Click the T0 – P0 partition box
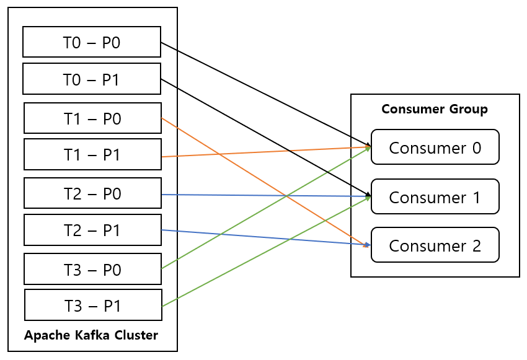92,42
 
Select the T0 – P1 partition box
92,79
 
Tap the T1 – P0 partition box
92,118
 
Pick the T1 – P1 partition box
92,154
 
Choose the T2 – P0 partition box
92,193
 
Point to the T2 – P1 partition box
92,230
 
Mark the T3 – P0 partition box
92,269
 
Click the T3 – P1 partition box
92,305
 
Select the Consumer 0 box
435,147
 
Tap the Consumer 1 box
435,196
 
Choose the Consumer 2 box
435,245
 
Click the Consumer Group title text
435,109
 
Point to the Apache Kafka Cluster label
91,335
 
